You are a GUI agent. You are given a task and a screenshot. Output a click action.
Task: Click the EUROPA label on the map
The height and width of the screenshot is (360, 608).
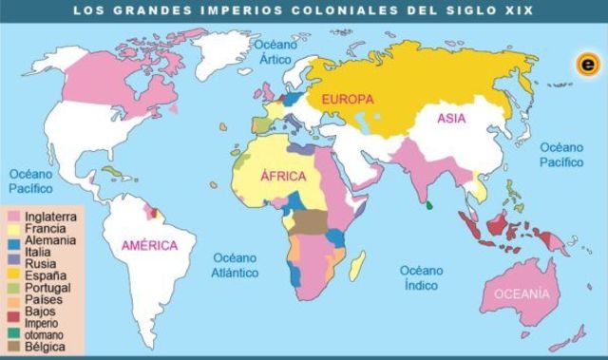(348, 99)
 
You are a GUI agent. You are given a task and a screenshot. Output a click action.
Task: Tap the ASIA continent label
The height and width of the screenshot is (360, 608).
(451, 119)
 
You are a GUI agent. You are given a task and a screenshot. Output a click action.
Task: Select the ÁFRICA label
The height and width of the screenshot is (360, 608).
(283, 177)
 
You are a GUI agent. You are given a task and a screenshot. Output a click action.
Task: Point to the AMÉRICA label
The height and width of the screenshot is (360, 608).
(150, 246)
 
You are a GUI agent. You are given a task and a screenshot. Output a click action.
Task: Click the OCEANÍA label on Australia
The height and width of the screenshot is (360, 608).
(521, 294)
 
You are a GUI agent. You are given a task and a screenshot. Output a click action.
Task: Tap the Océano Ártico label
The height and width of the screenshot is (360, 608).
(275, 52)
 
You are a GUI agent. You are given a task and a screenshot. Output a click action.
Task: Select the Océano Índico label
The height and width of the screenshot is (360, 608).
(423, 277)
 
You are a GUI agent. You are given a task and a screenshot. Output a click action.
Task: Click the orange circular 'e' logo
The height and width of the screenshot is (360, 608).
(588, 65)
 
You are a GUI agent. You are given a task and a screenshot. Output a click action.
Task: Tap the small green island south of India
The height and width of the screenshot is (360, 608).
(429, 204)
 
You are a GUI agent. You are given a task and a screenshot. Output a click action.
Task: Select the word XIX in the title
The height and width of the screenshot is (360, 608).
(519, 9)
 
